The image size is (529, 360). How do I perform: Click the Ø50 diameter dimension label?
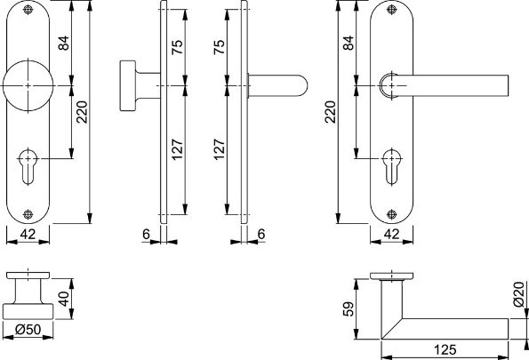coord(28,329)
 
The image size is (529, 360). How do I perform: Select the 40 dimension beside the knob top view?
coord(64,299)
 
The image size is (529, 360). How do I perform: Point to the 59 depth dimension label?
coord(349,308)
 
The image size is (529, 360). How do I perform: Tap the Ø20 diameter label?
coord(519,294)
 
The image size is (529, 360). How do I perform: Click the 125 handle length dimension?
coord(445,350)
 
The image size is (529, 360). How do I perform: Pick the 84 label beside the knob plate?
coord(64,43)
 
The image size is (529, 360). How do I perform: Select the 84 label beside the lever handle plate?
coord(349,43)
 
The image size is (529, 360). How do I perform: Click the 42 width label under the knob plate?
coord(28,234)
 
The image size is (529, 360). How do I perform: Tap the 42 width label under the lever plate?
coord(392,234)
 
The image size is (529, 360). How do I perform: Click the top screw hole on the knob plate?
coord(28,10)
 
